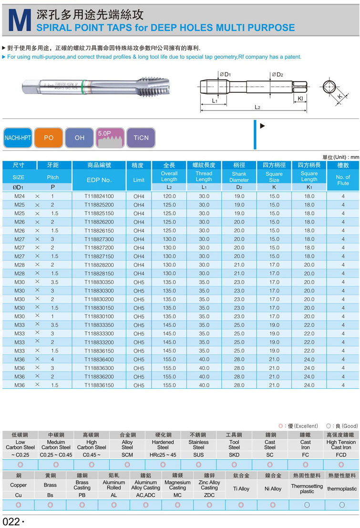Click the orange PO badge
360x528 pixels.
[49, 138]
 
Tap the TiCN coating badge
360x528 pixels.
[141, 138]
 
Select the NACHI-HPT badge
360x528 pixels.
[18, 138]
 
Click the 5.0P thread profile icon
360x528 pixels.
[110, 138]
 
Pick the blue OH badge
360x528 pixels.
[80, 138]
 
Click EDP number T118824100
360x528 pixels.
[99, 196]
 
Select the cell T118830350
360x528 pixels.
[99, 282]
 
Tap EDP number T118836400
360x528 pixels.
[99, 359]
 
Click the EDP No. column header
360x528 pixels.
[99, 180]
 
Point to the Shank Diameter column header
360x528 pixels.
[239, 177]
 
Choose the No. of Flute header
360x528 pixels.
[343, 180]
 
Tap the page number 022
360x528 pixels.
[11, 521]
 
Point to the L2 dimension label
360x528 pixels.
[257, 107]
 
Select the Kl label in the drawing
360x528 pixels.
[300, 99]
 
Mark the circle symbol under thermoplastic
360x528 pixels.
[342, 505]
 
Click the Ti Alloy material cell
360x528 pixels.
[241, 489]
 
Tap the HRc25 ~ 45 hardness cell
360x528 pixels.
[163, 455]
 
